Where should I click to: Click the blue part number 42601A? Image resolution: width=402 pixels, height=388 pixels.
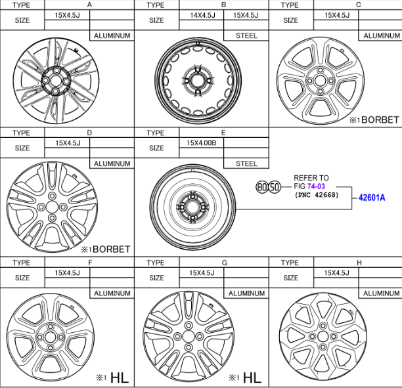click(372, 198)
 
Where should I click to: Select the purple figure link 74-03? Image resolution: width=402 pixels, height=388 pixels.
click(316, 186)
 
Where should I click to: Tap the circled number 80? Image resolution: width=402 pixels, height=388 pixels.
click(262, 187)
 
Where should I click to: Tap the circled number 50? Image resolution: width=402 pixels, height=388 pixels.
click(275, 187)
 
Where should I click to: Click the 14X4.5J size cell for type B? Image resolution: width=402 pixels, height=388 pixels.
click(202, 15)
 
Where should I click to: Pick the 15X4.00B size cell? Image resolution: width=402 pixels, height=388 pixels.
click(201, 142)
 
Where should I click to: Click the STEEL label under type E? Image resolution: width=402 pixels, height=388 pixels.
click(246, 163)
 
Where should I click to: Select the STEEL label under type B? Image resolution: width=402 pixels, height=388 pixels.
click(246, 35)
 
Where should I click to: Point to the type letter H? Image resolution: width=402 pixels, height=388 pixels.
click(359, 263)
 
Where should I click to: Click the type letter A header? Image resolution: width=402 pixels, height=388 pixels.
click(89, 5)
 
